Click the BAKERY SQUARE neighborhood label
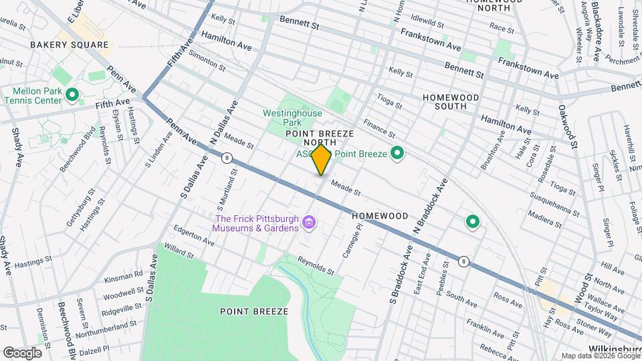point(69,45)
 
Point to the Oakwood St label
point(568,126)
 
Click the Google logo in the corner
point(22,352)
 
